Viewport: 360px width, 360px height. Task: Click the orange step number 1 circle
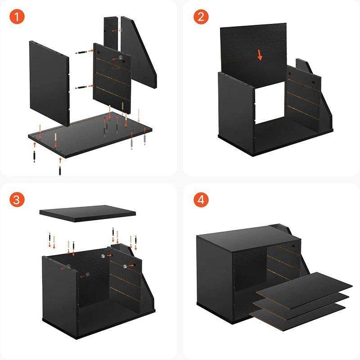(17, 17)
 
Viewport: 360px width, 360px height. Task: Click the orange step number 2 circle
(201, 17)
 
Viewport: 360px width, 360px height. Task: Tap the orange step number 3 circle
(17, 200)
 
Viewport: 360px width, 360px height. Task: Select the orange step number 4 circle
(201, 200)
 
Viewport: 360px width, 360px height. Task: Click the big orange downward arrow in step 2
(260, 55)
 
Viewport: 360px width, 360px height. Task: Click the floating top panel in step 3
(87, 213)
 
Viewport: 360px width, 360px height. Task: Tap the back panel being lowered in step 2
(253, 54)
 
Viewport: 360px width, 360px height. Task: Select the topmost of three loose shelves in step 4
(304, 286)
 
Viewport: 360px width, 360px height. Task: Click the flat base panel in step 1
(90, 135)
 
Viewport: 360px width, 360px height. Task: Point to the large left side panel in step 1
(49, 83)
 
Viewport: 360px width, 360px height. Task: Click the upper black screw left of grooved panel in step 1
(81, 52)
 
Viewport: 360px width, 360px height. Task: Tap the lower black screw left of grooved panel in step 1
(81, 87)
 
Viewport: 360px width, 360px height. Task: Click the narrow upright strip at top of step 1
(111, 35)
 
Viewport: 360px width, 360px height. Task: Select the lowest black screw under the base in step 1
(60, 171)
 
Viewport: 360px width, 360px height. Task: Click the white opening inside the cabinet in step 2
(270, 103)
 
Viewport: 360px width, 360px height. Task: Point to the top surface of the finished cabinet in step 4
(249, 238)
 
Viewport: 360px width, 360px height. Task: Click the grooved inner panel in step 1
(112, 78)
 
